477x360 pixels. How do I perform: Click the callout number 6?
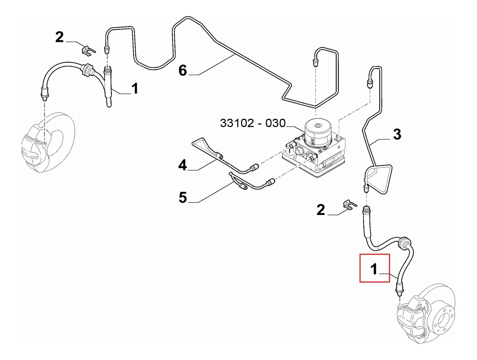point(182,71)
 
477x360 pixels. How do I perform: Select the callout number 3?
point(397,134)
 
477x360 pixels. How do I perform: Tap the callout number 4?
point(182,165)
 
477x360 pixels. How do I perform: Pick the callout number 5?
point(182,197)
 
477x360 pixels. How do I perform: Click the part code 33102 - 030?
point(252,123)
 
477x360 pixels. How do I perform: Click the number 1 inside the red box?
point(374,269)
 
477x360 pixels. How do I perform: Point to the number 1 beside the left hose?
point(135,88)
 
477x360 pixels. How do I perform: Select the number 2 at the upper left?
point(59,37)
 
